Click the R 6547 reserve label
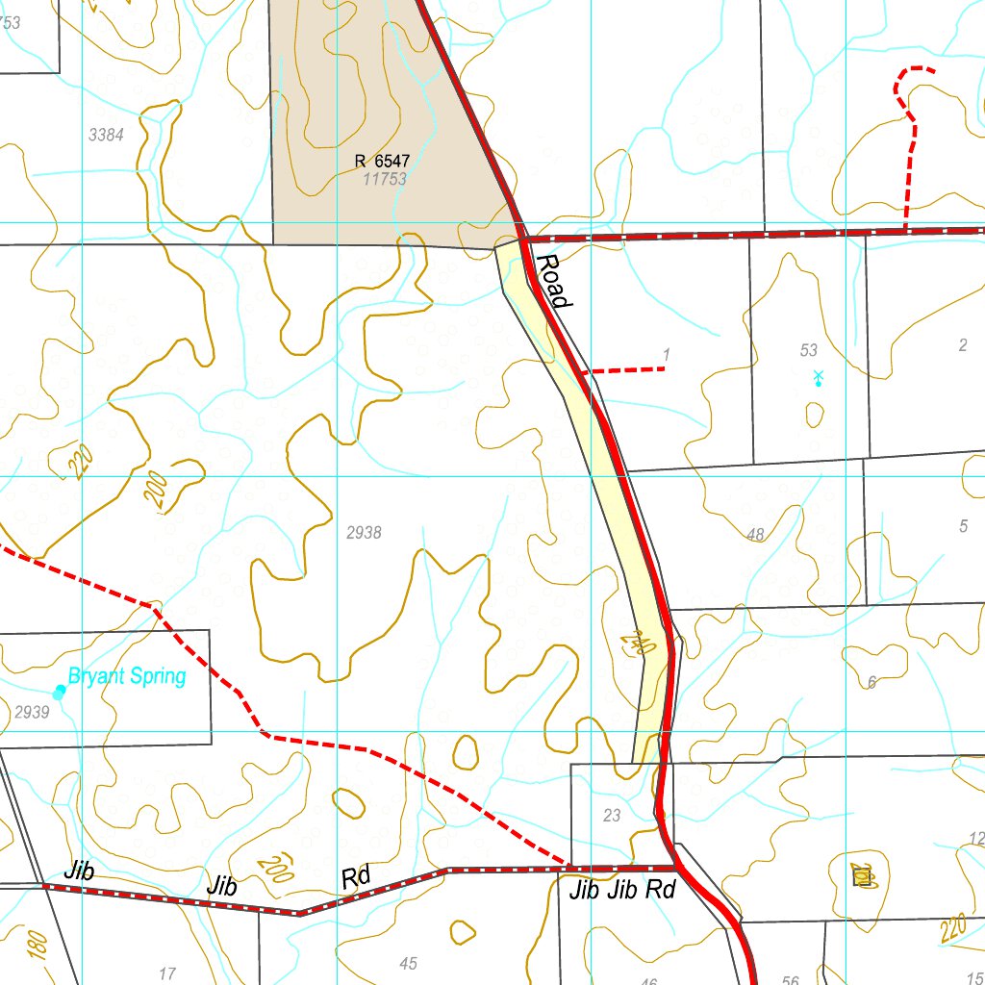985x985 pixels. point(381,162)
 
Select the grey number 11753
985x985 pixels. point(385,179)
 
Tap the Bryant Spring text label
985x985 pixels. point(126,676)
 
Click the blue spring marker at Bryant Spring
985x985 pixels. point(60,691)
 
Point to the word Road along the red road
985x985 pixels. point(553,281)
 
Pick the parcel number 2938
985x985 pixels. point(364,532)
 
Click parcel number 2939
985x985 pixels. point(32,712)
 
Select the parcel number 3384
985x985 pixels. point(106,135)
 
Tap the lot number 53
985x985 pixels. point(808,350)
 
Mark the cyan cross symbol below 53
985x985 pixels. point(818,376)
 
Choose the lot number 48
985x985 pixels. point(755,534)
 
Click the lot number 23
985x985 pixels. point(612,816)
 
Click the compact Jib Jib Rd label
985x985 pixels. point(622,890)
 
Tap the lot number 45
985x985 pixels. point(408,964)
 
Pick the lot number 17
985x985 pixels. point(167,973)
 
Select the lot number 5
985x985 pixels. point(963,525)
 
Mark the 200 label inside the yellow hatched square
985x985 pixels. point(862,874)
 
